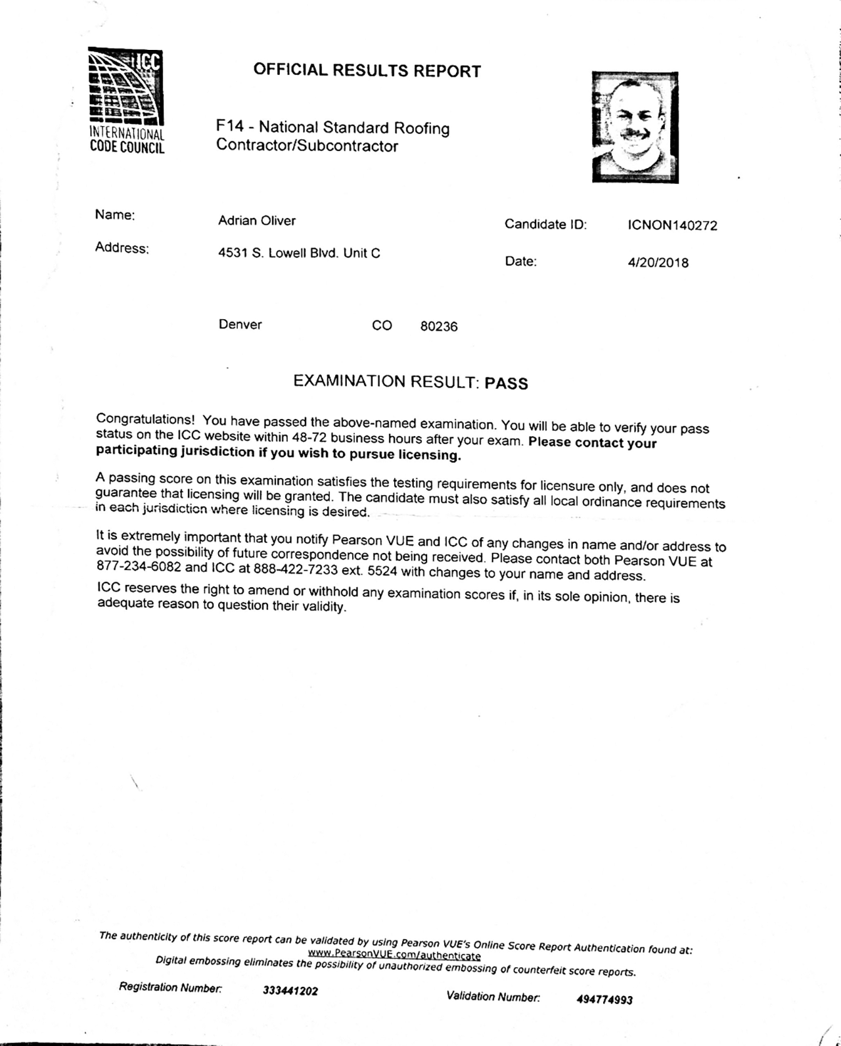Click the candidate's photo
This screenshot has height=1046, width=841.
[635, 127]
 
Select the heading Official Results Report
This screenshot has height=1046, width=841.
[367, 71]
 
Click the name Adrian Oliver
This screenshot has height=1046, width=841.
[257, 221]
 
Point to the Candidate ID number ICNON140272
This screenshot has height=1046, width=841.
[672, 225]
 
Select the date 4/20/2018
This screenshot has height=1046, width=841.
[658, 263]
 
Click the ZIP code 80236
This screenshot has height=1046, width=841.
[439, 326]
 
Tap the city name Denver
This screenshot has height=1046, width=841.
[240, 324]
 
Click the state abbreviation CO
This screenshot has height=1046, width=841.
[382, 326]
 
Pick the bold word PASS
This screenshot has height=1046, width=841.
[506, 383]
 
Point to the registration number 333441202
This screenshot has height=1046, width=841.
[290, 991]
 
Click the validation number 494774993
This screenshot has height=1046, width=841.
[604, 999]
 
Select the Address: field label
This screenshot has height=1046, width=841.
[122, 248]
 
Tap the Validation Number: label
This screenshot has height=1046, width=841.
[493, 996]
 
